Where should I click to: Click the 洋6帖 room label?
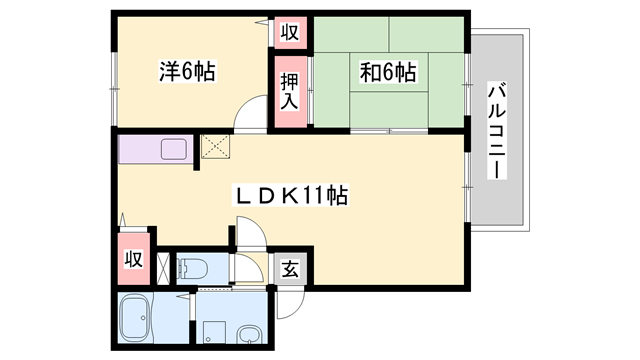[186, 71]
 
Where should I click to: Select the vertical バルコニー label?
[495, 130]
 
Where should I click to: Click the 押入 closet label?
[289, 90]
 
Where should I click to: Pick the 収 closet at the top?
[289, 32]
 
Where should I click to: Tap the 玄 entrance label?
[289, 268]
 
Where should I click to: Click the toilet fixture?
[192, 268]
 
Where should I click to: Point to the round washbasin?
[250, 334]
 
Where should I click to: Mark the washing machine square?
[212, 329]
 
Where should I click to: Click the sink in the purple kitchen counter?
[171, 152]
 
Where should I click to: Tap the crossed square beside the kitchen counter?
[214, 147]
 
